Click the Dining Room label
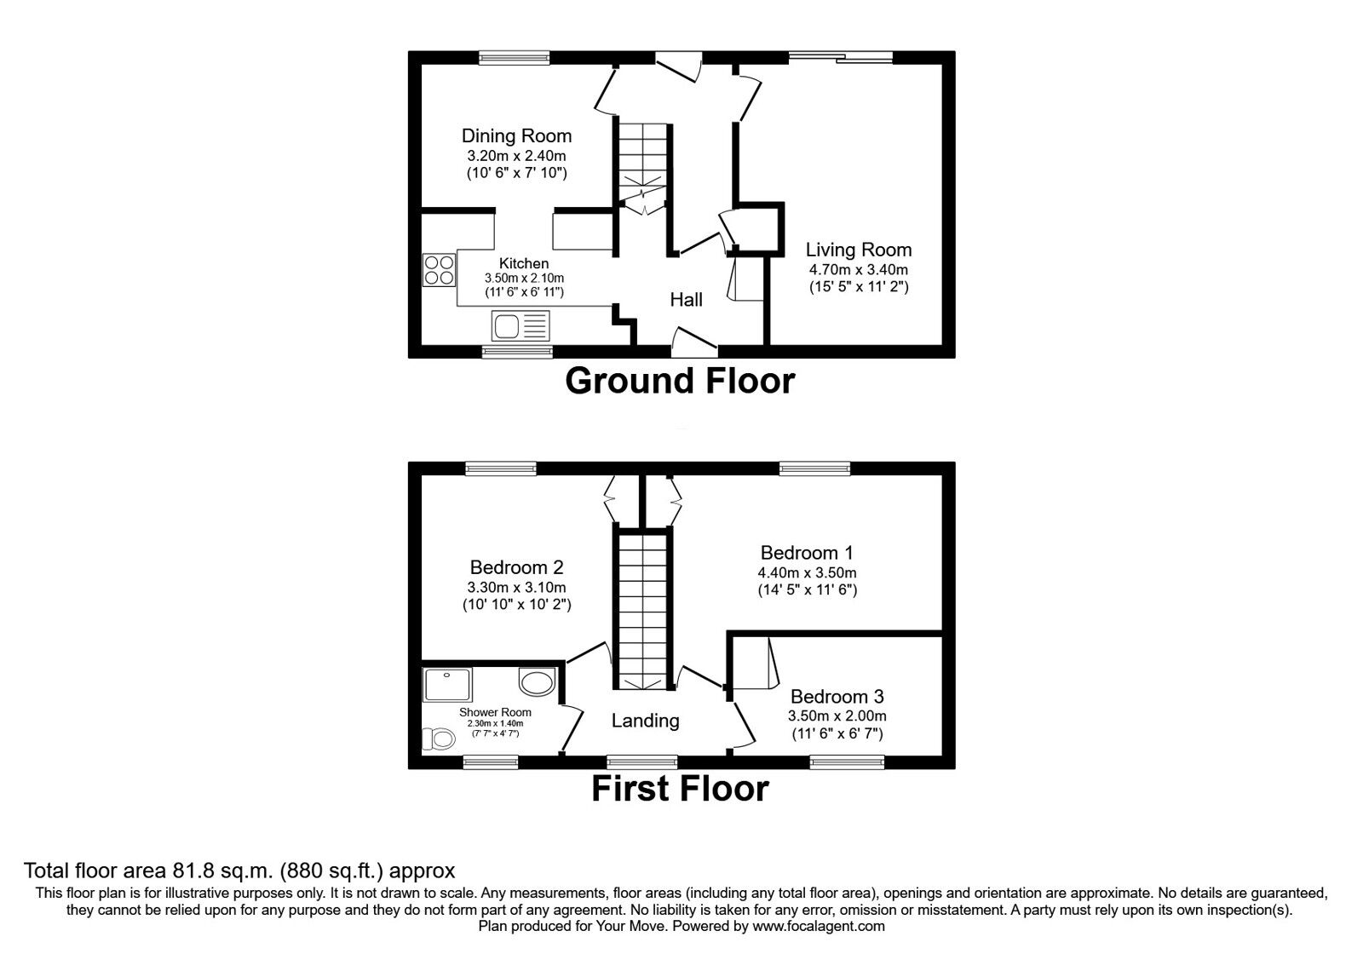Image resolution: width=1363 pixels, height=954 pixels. click(x=516, y=135)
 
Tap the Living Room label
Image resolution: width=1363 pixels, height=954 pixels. click(x=858, y=250)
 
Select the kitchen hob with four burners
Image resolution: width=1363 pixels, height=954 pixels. click(x=439, y=270)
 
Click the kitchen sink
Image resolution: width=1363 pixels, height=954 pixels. click(x=520, y=325)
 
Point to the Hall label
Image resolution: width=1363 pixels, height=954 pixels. click(x=686, y=299)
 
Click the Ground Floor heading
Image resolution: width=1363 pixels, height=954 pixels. click(x=680, y=381)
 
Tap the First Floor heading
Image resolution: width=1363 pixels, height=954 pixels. click(x=680, y=789)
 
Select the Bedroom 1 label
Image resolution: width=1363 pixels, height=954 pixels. click(x=806, y=553)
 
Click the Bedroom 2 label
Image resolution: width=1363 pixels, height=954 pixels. click(x=516, y=567)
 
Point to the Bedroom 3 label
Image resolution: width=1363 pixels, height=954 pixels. click(x=837, y=696)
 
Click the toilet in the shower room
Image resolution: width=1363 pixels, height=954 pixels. click(x=439, y=739)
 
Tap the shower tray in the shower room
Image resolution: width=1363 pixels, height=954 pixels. click(x=447, y=685)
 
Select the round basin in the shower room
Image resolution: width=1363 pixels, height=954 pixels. click(x=537, y=681)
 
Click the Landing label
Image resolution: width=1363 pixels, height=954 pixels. click(x=645, y=721)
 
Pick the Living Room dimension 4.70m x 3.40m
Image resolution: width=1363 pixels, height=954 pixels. click(x=858, y=269)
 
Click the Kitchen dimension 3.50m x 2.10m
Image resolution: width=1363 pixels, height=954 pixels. click(x=524, y=278)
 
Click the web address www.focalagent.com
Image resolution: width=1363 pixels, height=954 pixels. click(x=819, y=927)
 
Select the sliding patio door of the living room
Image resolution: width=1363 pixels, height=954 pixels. click(x=840, y=58)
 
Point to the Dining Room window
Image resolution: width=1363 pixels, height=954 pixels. click(x=515, y=58)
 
